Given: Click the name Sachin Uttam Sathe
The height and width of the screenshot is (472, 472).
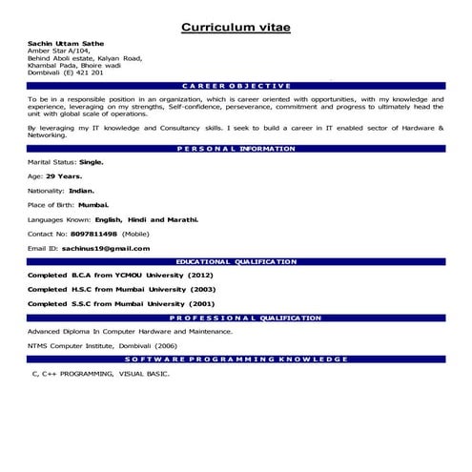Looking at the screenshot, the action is [x=62, y=44].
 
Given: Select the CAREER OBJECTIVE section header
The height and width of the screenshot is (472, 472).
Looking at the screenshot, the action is [x=236, y=85].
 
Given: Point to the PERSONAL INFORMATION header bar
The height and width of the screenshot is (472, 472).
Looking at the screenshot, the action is [x=236, y=149].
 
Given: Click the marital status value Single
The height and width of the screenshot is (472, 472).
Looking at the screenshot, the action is [x=92, y=162].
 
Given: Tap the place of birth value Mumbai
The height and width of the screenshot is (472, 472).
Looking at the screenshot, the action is [x=93, y=204].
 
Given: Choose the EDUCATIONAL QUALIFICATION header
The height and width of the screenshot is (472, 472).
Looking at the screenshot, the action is [x=236, y=260].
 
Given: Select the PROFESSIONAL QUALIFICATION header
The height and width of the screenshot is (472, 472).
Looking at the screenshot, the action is [x=236, y=318].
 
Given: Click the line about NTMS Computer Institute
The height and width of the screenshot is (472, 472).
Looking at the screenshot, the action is [x=102, y=345].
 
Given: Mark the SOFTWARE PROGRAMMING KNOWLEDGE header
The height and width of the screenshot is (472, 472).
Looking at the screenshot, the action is [x=236, y=359].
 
